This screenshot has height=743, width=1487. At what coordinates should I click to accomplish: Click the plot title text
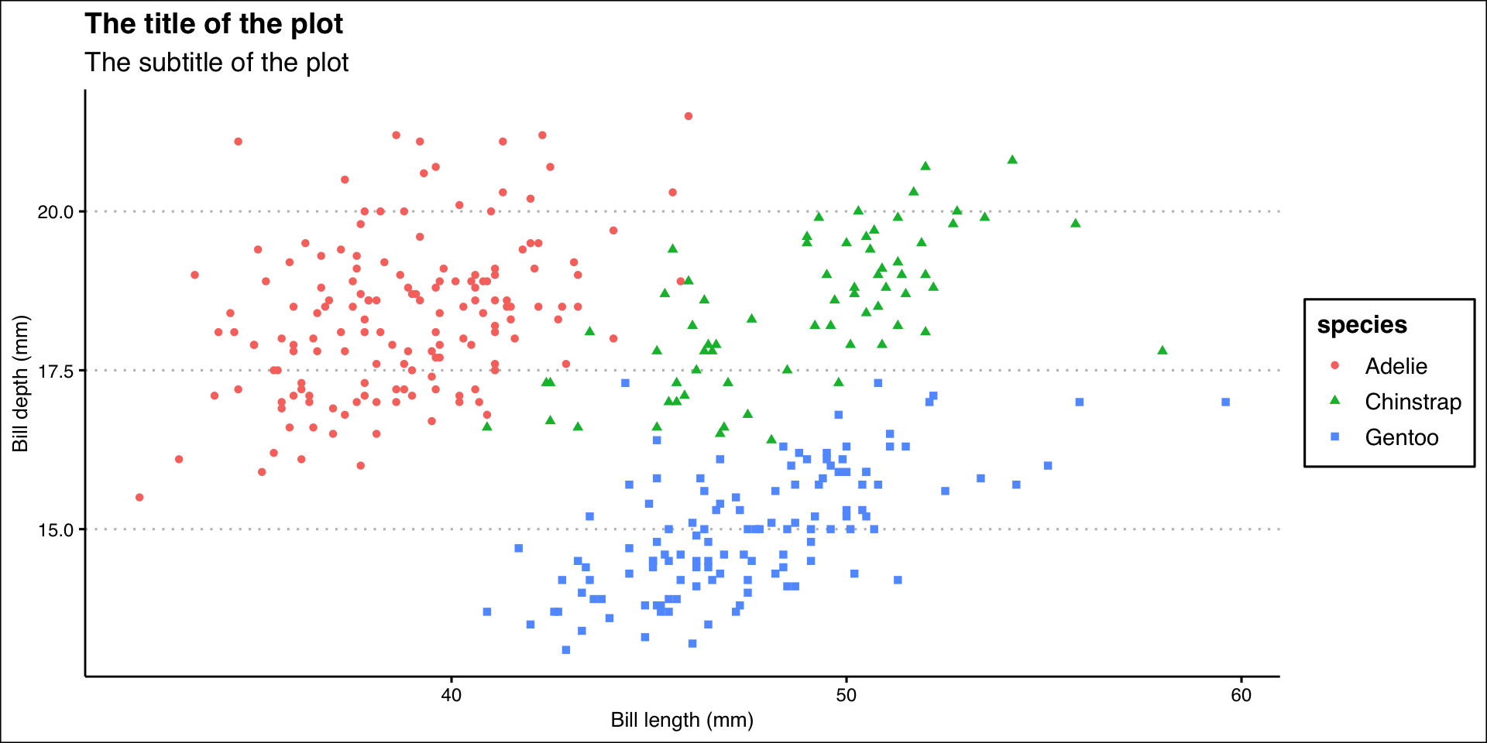[214, 24]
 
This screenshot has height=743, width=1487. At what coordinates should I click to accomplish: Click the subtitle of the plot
[217, 63]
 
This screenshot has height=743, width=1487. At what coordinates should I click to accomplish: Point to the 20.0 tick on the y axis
[56, 212]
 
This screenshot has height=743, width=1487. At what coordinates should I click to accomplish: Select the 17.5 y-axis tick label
[56, 371]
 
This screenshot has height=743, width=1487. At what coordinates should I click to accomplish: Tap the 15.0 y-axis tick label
[56, 530]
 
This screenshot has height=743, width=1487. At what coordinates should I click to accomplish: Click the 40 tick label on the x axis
[451, 695]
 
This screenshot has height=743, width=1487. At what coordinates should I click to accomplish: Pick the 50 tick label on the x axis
[846, 695]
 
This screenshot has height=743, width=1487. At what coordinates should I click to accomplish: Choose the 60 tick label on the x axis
[1241, 695]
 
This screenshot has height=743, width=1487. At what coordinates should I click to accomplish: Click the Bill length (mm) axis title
[682, 721]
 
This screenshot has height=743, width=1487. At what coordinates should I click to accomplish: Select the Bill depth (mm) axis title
[20, 384]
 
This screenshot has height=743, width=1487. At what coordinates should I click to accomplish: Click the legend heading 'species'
[1362, 325]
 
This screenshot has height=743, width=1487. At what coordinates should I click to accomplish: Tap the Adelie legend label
[1396, 366]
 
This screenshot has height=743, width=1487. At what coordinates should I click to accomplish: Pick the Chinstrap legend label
[1413, 402]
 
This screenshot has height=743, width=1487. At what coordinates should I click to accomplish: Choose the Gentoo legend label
[1401, 437]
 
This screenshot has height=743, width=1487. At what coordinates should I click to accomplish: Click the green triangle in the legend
[1334, 400]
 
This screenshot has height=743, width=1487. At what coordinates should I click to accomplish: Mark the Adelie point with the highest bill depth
[688, 116]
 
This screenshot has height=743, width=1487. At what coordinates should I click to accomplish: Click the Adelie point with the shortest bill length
[139, 497]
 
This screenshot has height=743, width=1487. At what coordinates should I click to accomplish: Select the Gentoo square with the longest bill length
[1225, 402]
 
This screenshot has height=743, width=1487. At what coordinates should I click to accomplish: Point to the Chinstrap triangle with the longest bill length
[1162, 350]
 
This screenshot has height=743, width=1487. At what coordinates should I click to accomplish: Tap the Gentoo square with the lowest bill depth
[566, 649]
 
